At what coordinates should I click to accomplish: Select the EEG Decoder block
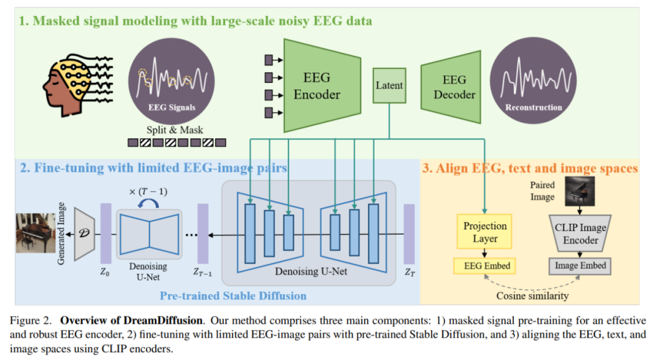(x=454, y=87)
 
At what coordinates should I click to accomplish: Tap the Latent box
(x=389, y=86)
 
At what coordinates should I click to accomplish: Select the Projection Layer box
(x=485, y=233)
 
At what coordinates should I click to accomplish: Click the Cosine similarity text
(x=532, y=296)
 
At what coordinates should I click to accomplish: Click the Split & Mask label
(x=174, y=130)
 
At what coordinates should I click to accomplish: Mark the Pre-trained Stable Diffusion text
(x=233, y=295)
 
